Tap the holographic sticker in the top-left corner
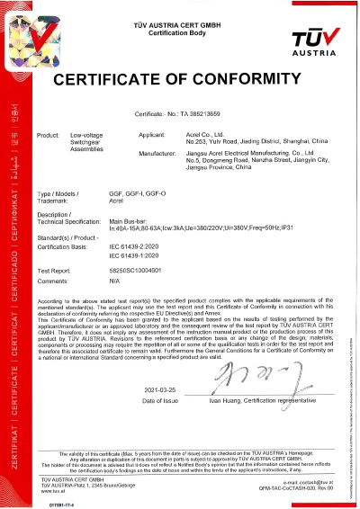coord(19,28)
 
